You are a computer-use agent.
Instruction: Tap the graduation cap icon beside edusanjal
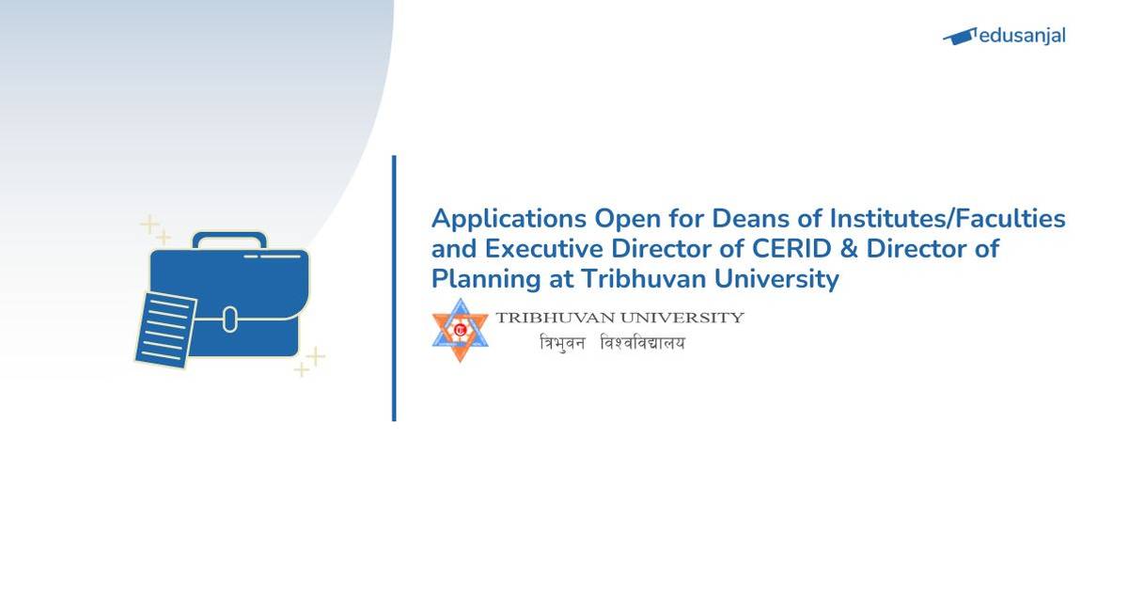[x=959, y=37]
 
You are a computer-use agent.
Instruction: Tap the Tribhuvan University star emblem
[x=461, y=329]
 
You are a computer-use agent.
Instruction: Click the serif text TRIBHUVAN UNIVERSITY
[x=620, y=318]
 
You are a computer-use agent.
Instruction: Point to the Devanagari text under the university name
[x=612, y=343]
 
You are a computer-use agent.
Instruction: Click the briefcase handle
[x=229, y=240]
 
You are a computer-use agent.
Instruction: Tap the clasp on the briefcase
[x=230, y=319]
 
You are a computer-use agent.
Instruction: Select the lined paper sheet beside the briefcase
[x=165, y=328]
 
